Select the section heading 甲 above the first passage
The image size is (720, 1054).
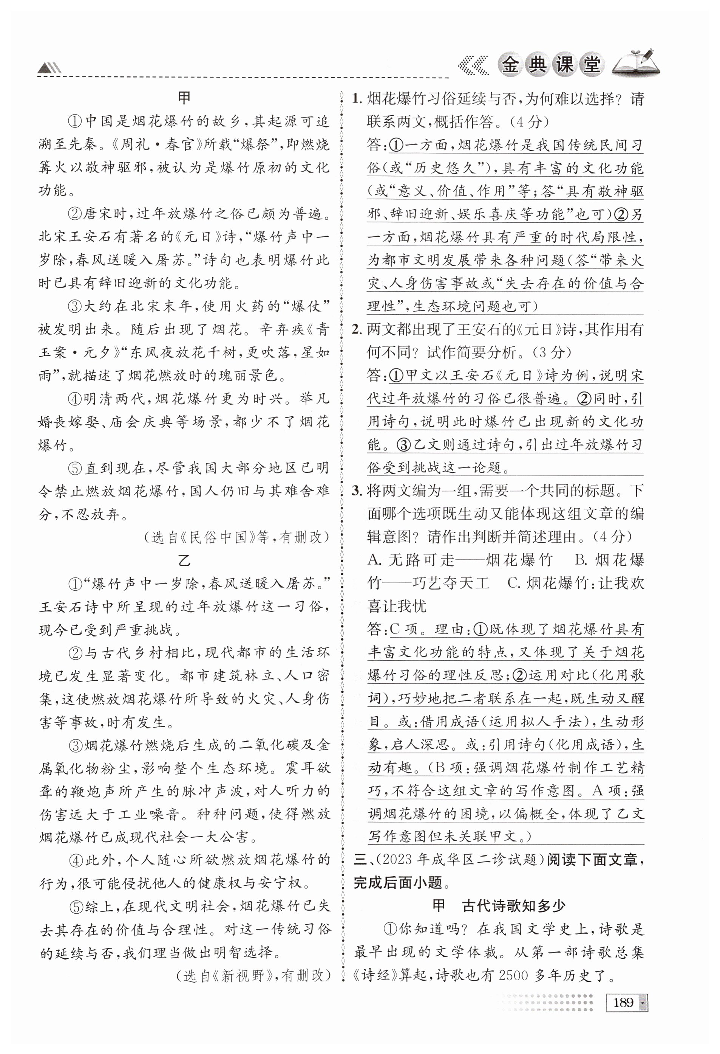184,98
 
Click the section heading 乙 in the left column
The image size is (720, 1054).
184,560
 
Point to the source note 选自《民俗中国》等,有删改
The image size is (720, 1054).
236,537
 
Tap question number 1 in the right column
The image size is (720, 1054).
357,99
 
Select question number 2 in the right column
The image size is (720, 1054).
357,329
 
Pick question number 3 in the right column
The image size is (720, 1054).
357,491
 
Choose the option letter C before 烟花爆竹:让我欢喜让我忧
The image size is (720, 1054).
513,583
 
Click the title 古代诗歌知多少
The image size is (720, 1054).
514,906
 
